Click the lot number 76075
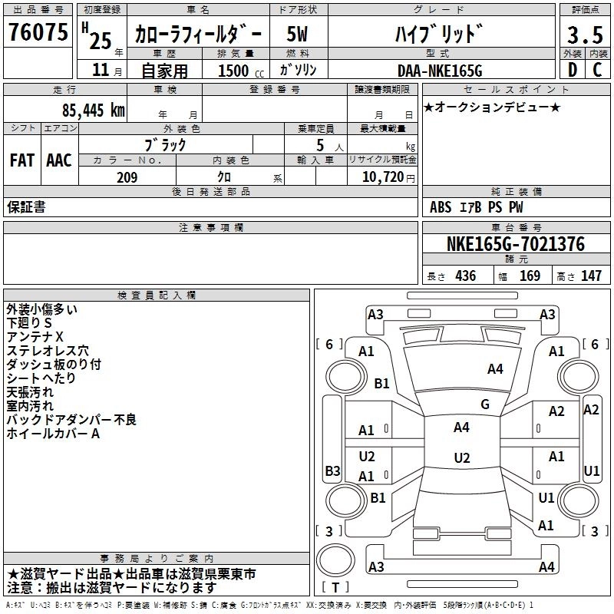pos(38,33)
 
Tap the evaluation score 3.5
pos(584,35)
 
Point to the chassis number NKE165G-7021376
pos(515,244)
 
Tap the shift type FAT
pos(21,160)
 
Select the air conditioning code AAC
pos(59,160)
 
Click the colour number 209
pos(127,177)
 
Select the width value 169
pos(530,276)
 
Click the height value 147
pos(591,276)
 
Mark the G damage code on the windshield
pos(484,404)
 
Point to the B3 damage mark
pos(332,470)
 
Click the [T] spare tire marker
pos(335,588)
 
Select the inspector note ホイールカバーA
pos(54,434)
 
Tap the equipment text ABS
pos(441,207)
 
